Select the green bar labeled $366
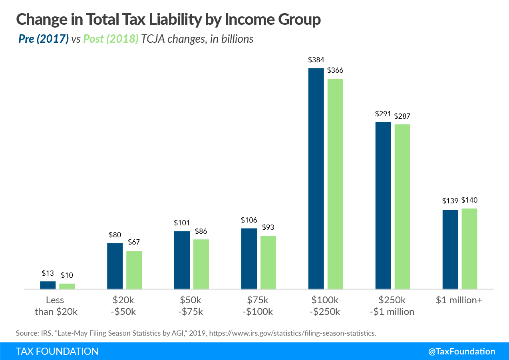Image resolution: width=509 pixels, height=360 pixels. point(335,183)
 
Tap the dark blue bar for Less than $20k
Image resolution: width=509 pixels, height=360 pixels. point(48,285)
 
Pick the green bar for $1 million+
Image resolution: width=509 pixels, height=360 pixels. point(469,248)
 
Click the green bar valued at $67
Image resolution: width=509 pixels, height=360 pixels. point(134,270)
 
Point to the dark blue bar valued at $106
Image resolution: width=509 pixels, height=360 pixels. point(249,258)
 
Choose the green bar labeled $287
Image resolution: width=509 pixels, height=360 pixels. point(402,206)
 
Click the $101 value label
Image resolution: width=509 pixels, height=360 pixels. point(182,223)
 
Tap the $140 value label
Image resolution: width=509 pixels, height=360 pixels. point(469,200)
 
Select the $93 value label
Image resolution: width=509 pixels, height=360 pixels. point(268,227)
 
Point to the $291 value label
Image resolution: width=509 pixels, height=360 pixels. point(383,114)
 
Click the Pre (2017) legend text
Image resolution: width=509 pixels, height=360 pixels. point(44,39)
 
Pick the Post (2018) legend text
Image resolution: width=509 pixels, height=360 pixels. point(111,39)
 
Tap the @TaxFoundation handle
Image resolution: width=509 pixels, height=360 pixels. point(461,352)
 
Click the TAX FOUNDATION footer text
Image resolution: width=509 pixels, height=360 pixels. point(57,352)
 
